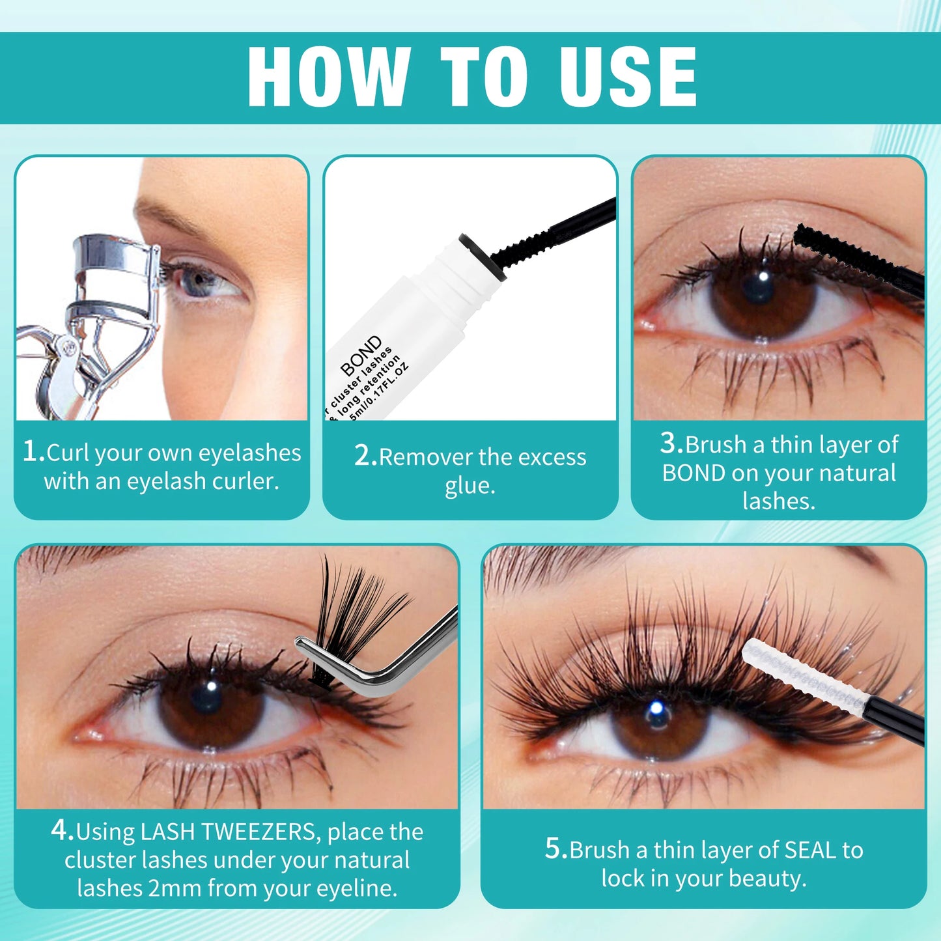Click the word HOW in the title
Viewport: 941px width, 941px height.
point(329,77)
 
